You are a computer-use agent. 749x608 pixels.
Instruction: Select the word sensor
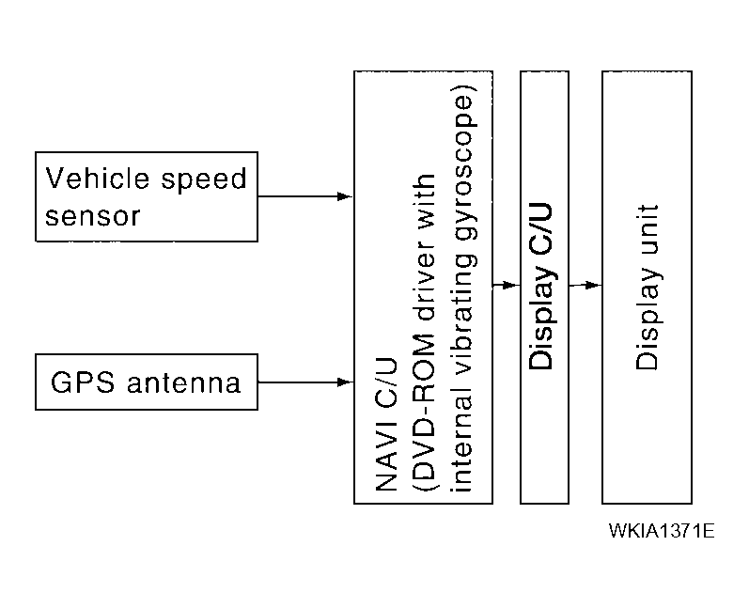click(x=93, y=215)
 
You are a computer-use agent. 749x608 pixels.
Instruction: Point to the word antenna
click(x=185, y=383)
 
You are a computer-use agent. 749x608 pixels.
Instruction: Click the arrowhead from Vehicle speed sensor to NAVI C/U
click(x=345, y=196)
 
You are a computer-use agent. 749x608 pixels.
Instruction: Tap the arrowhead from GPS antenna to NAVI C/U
click(x=345, y=382)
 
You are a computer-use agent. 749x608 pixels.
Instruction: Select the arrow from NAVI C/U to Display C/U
click(x=506, y=285)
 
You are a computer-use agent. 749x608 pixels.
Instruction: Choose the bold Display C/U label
click(x=543, y=287)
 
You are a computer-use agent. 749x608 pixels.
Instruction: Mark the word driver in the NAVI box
click(x=424, y=286)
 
